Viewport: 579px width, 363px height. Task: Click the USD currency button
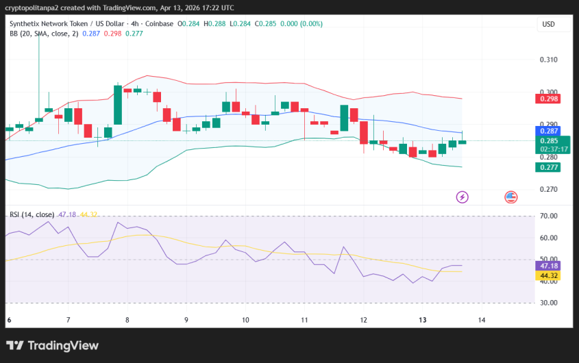tap(548, 24)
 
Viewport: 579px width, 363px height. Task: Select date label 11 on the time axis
tap(304, 320)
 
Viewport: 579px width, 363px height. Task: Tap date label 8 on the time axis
tap(127, 320)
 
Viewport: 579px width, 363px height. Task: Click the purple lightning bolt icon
tap(462, 197)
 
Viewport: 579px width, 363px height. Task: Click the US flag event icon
tap(510, 197)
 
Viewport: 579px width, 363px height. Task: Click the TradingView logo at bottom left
tap(53, 346)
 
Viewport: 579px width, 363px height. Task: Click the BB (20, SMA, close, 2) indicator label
tap(40, 34)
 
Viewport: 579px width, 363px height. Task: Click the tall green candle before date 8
tap(118, 105)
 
